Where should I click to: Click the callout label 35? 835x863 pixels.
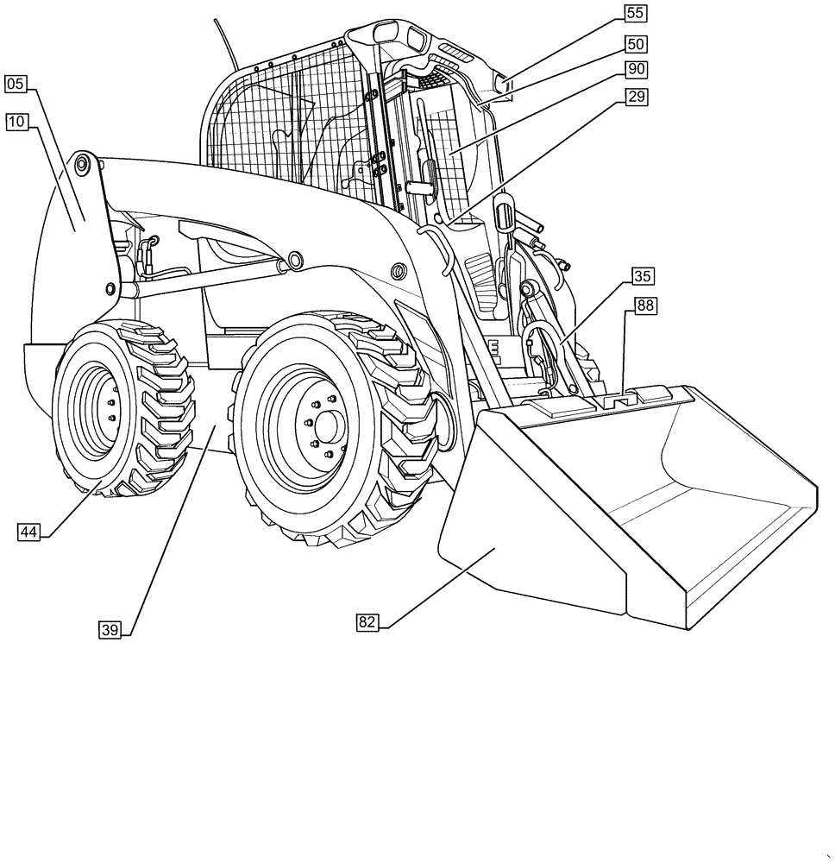pos(642,276)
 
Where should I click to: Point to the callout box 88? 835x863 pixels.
pos(646,305)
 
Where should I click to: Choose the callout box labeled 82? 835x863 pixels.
pos(367,621)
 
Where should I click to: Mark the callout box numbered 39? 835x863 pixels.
pos(110,630)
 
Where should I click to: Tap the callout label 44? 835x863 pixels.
pos(28,532)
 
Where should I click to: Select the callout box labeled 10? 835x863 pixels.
pos(16,122)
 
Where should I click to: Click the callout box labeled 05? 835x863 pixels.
pos(16,84)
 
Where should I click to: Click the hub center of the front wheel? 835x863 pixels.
pos(327,426)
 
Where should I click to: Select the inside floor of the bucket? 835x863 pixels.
pos(707,518)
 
